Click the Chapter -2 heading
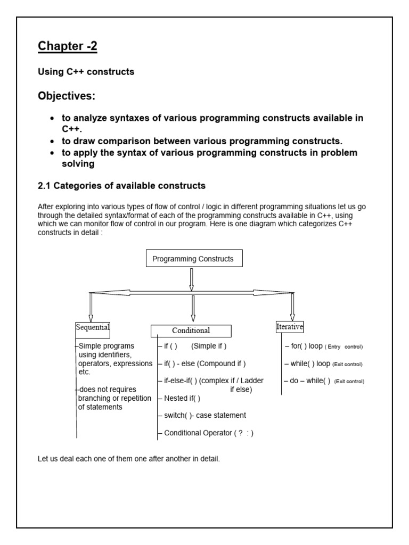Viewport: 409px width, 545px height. tap(68, 47)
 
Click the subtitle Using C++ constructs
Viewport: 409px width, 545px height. tap(86, 71)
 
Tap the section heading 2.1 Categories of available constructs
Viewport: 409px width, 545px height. tap(121, 186)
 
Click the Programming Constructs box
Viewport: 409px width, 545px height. tap(193, 259)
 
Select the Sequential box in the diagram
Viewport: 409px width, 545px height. tap(93, 327)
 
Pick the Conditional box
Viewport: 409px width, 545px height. tap(191, 331)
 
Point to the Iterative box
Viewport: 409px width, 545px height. tap(289, 327)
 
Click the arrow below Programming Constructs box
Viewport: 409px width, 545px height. tap(192, 279)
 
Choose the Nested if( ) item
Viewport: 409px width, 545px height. tap(182, 398)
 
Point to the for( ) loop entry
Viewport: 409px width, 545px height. tap(307, 346)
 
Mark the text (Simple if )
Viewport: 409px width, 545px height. tap(209, 346)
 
